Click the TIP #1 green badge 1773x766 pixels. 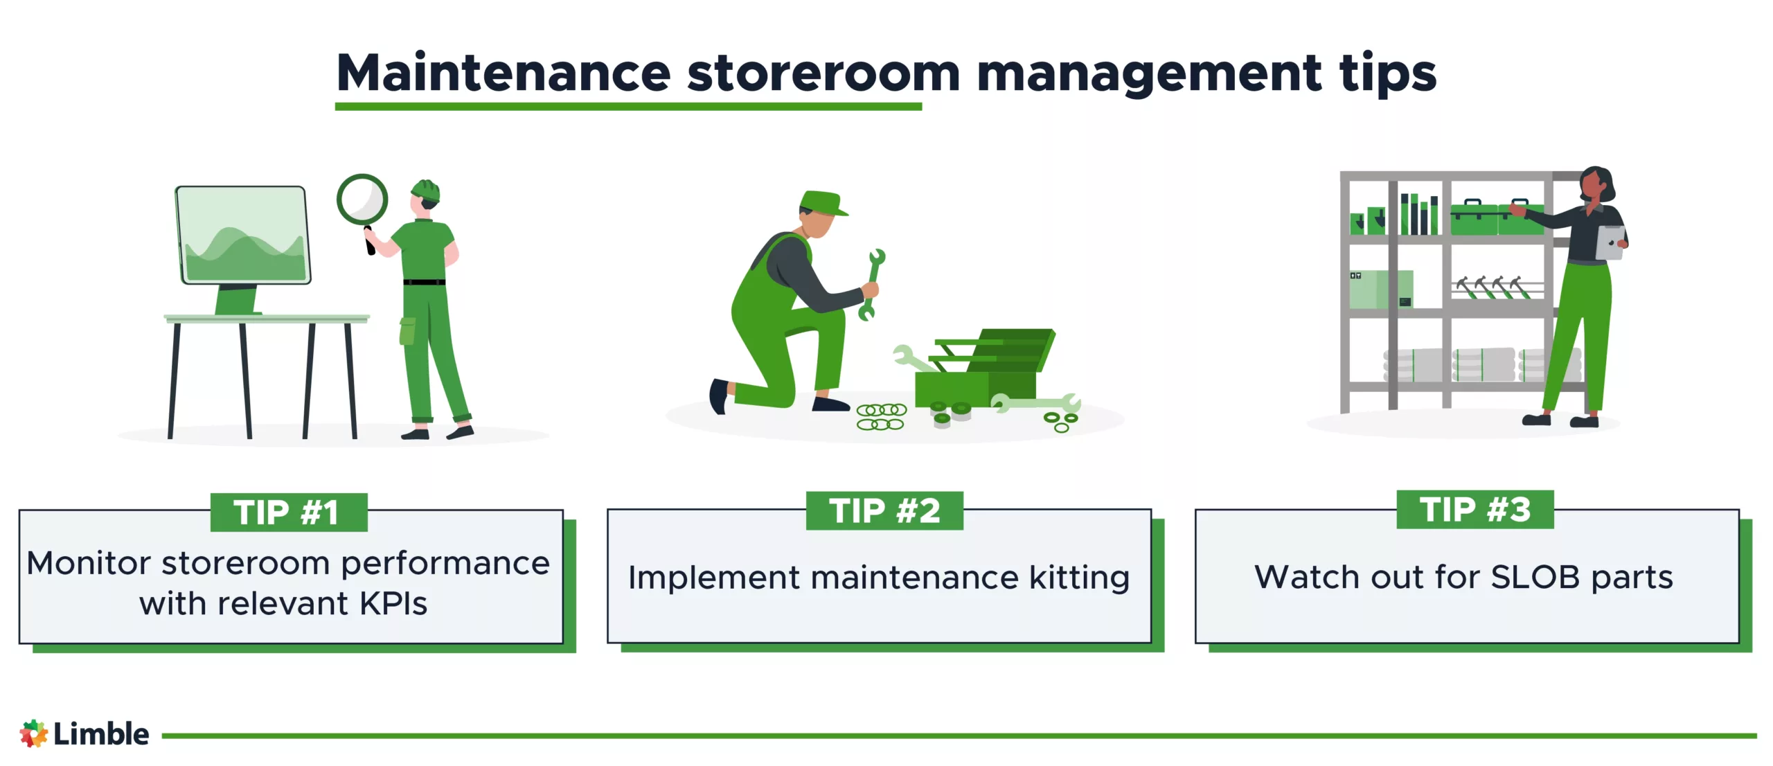[x=288, y=513]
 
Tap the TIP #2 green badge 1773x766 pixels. [x=884, y=511]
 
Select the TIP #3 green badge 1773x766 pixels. [x=1474, y=510]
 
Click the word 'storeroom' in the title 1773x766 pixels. [x=823, y=73]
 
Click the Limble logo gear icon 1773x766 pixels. [x=33, y=733]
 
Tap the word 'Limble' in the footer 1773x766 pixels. [x=101, y=734]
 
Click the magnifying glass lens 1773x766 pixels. [x=362, y=199]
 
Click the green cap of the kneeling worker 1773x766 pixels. [x=821, y=202]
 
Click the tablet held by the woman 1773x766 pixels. [x=1610, y=243]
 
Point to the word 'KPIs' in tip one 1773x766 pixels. [x=393, y=604]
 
